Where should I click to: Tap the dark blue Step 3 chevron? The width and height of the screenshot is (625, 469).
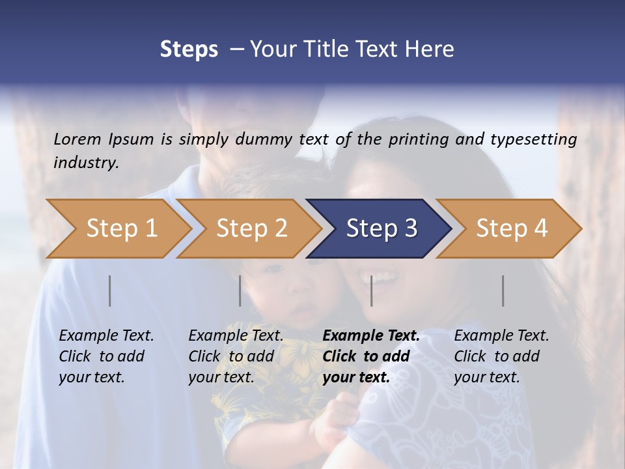(x=382, y=228)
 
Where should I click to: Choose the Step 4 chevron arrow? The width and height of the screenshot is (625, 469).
(x=512, y=228)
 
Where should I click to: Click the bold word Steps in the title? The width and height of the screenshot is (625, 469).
(x=189, y=49)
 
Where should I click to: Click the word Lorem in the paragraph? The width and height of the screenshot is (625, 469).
(x=77, y=139)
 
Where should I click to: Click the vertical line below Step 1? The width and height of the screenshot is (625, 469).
(x=110, y=291)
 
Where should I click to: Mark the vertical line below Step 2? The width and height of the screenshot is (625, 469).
(x=240, y=291)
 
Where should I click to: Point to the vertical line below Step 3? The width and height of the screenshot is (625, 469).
(x=372, y=291)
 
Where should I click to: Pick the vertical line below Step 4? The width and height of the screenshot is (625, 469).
(x=503, y=291)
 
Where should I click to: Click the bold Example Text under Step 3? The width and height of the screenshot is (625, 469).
(x=371, y=335)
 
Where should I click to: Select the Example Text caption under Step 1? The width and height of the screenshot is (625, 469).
(x=106, y=335)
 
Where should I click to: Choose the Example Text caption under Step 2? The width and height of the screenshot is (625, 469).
(x=236, y=335)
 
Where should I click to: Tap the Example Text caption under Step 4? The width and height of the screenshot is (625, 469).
(x=501, y=335)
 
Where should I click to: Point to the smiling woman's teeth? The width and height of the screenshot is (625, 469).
(x=384, y=279)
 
